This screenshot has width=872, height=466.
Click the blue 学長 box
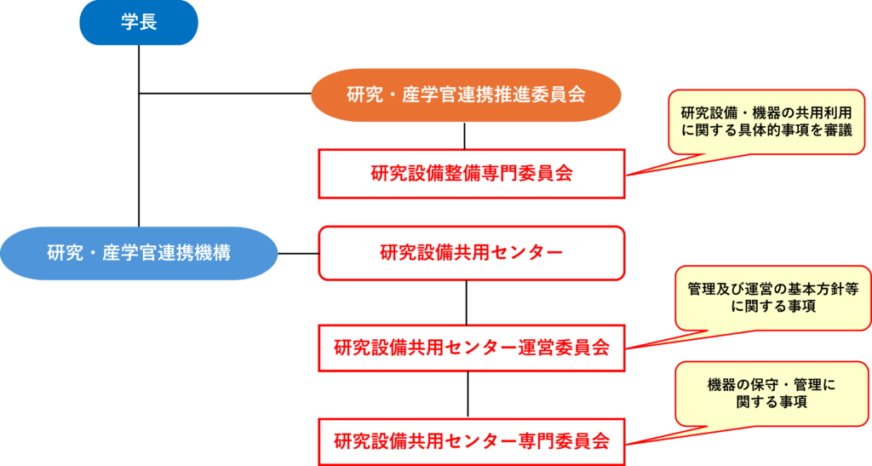139,23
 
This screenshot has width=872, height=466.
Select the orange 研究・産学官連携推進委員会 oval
466,95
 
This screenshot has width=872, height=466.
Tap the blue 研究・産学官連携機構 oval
139,253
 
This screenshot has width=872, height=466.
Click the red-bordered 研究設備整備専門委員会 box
472,174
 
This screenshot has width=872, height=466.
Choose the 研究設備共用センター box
472,253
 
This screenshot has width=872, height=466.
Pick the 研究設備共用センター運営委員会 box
472,348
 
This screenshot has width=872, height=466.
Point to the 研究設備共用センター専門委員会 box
472,441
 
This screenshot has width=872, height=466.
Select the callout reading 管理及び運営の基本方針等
772,298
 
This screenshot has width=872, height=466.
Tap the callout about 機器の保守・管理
772,393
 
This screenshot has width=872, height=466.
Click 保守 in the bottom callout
769,384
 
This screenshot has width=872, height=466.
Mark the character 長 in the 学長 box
148,23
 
